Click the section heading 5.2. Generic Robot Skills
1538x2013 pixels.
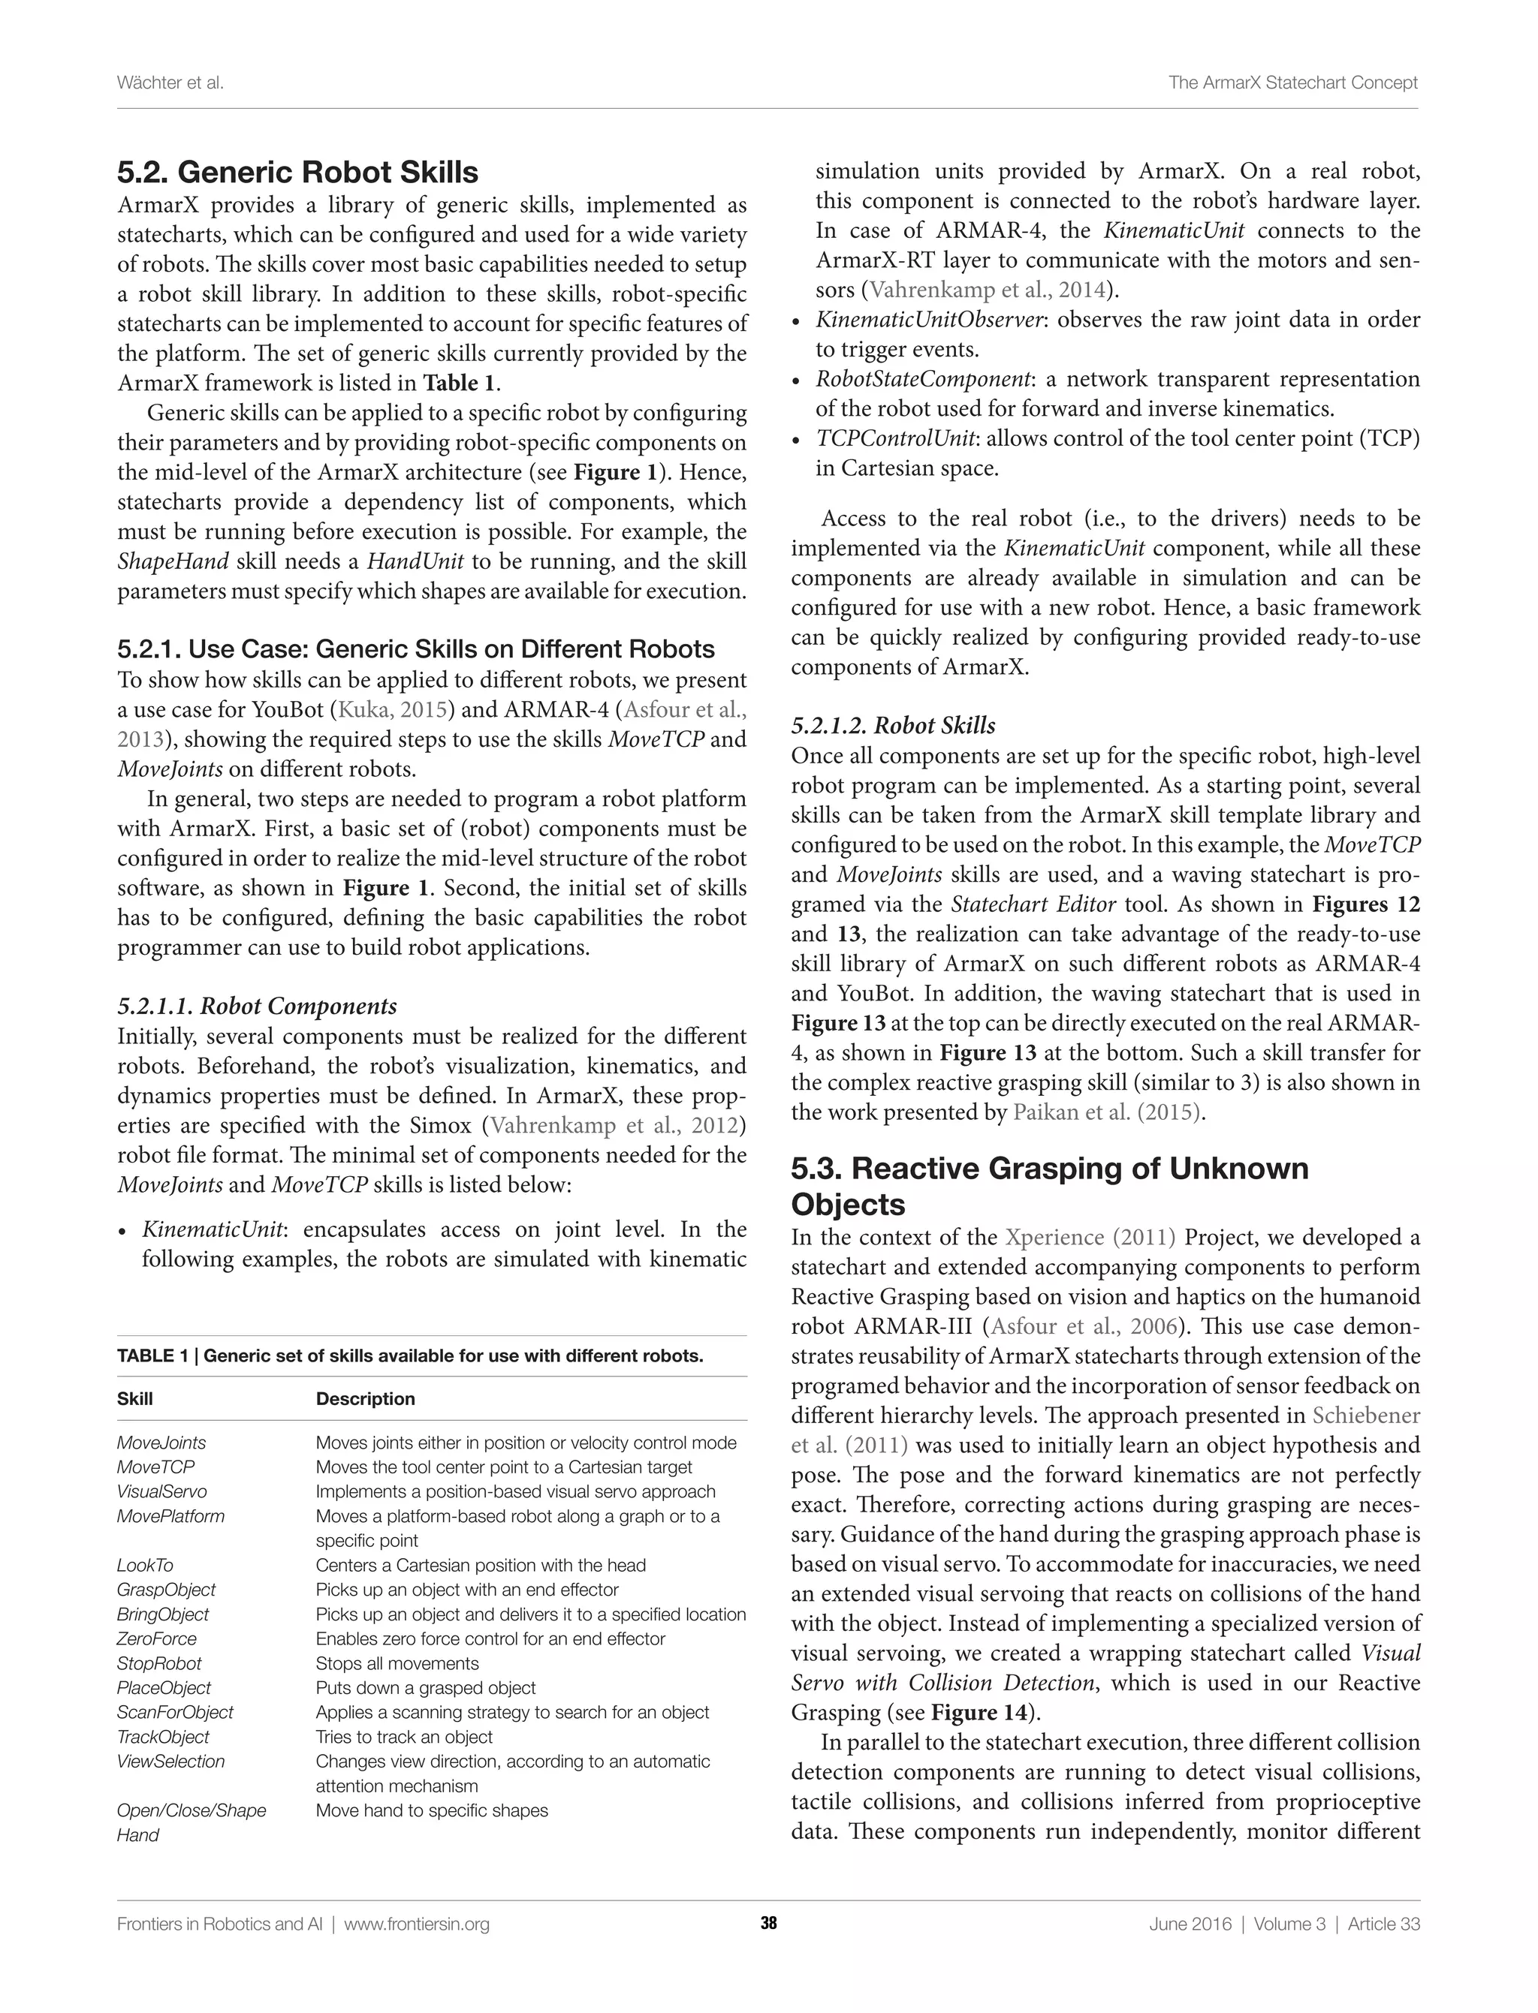click(x=297, y=172)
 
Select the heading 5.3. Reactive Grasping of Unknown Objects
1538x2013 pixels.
click(x=1049, y=1186)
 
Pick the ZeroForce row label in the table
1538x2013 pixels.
click(x=156, y=1638)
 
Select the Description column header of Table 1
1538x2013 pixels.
click(x=365, y=1398)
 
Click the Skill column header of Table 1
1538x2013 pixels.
click(x=134, y=1398)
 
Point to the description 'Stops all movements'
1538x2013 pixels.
click(x=397, y=1663)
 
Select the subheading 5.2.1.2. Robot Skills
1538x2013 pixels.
click(x=893, y=726)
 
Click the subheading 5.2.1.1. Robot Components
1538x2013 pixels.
click(x=258, y=1006)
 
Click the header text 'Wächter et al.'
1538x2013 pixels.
click(x=170, y=83)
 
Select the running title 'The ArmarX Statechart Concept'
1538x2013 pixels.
click(x=1292, y=83)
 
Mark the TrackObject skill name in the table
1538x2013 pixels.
click(x=163, y=1737)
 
